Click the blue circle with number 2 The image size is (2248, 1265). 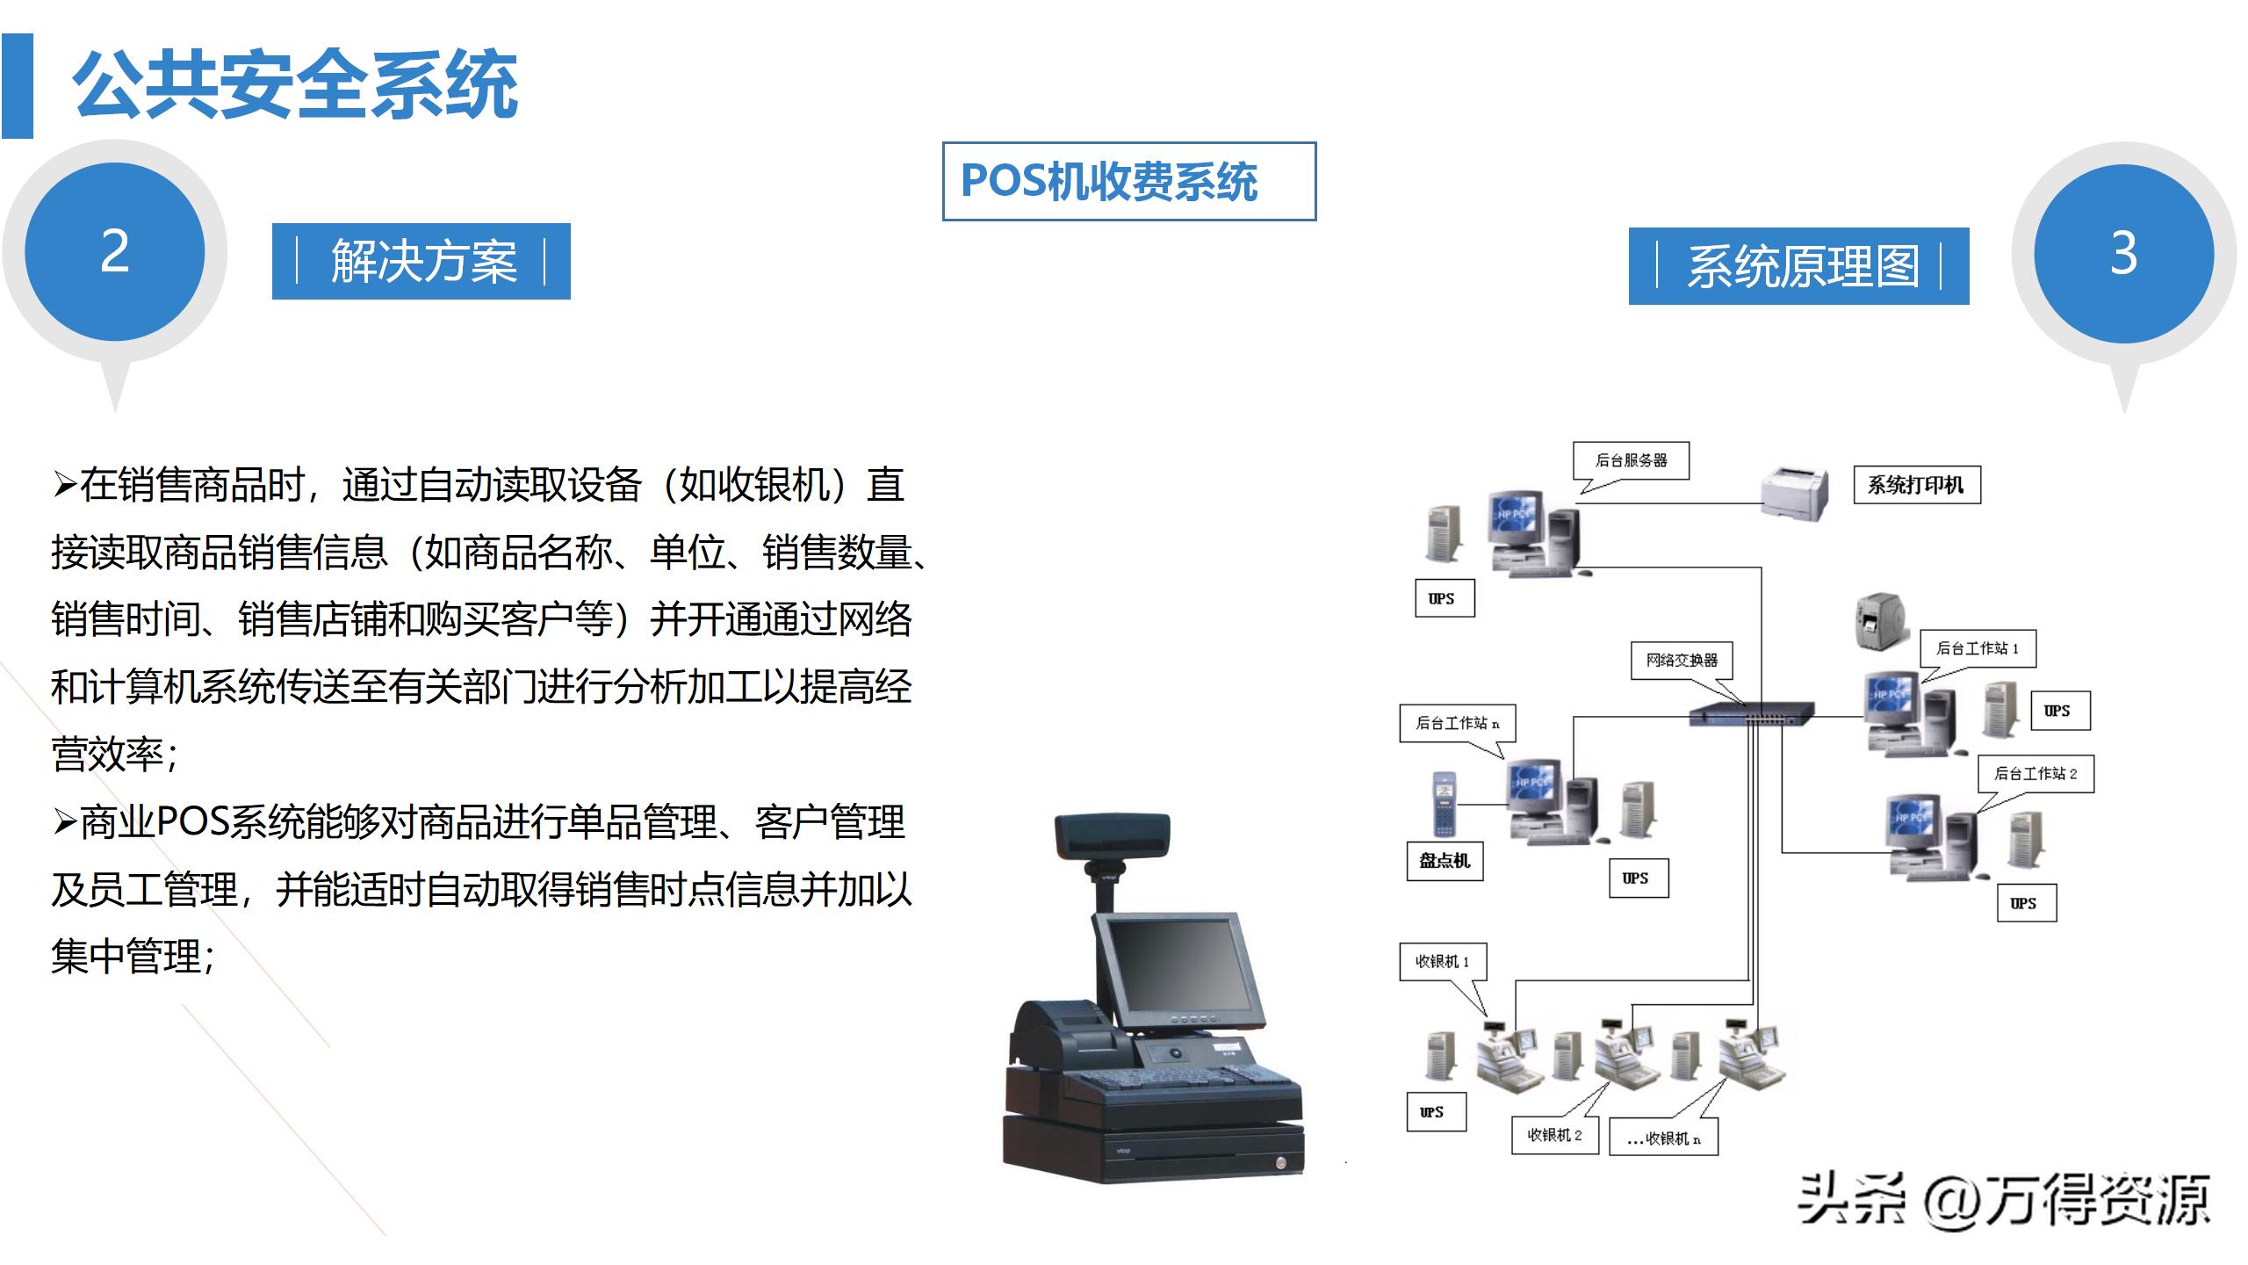click(115, 252)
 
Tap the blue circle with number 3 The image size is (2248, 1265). click(2123, 254)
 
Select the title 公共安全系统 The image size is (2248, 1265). click(295, 85)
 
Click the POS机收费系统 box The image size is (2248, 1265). click(1128, 181)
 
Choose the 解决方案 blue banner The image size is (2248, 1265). click(421, 262)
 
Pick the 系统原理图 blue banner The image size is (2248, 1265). click(1798, 266)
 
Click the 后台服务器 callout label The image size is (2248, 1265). click(1631, 460)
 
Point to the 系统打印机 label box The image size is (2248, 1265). click(1916, 485)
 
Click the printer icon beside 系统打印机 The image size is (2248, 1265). click(1796, 494)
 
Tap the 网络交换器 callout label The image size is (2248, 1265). click(1682, 660)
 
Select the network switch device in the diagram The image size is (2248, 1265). click(1752, 713)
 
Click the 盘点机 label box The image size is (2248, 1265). click(1445, 860)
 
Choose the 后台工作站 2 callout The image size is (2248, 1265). click(2035, 774)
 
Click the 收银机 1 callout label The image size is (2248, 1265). click(1442, 962)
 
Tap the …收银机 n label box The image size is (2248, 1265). click(1663, 1138)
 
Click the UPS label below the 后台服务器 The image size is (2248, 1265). click(1444, 598)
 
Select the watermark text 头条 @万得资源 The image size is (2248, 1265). click(2002, 1200)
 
